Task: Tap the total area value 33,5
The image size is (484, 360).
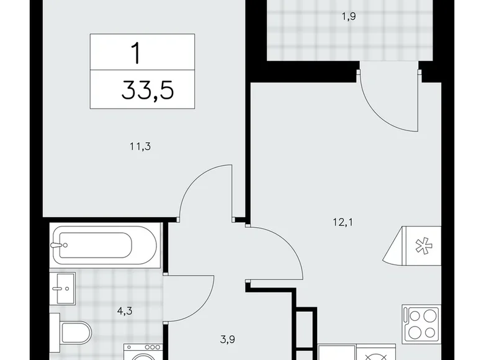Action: pyautogui.click(x=148, y=91)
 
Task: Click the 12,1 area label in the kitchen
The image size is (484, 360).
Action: pyautogui.click(x=343, y=220)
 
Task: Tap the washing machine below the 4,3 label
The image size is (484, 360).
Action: pyautogui.click(x=141, y=352)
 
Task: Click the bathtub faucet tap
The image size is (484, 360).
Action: pyautogui.click(x=59, y=245)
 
